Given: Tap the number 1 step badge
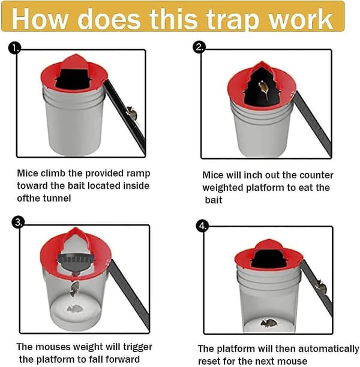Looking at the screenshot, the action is click(x=15, y=48).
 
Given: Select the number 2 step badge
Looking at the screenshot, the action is click(x=199, y=47).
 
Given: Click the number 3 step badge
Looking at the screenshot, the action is click(x=18, y=222).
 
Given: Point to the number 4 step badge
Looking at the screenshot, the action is click(x=202, y=226).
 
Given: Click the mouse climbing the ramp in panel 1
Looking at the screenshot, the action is click(x=132, y=113).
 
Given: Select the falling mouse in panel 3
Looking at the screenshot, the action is click(x=75, y=288).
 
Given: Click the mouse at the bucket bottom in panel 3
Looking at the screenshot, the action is click(x=75, y=309).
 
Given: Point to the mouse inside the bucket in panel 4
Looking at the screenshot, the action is click(x=269, y=323).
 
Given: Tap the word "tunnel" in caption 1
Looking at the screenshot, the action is click(x=56, y=198).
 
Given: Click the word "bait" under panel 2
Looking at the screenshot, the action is click(x=214, y=200).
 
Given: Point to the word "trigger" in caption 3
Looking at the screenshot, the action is click(x=138, y=348).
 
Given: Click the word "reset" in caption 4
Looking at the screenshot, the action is click(x=208, y=361).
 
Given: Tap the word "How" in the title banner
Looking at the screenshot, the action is click(x=40, y=19).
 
